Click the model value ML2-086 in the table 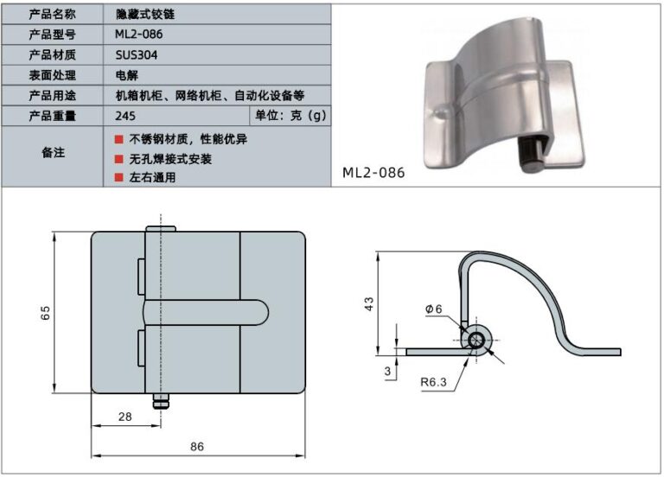point(138,34)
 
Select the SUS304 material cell point(135,54)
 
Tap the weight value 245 point(124,115)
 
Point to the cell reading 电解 point(125,74)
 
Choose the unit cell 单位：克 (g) point(290,115)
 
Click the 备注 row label point(53,153)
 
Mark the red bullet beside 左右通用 point(118,178)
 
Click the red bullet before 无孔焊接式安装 point(118,159)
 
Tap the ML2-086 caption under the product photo point(373,172)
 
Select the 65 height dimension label point(46,312)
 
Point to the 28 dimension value point(124,417)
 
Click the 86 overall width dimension point(197,447)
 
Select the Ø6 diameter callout point(434,309)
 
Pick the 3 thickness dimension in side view point(387,371)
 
